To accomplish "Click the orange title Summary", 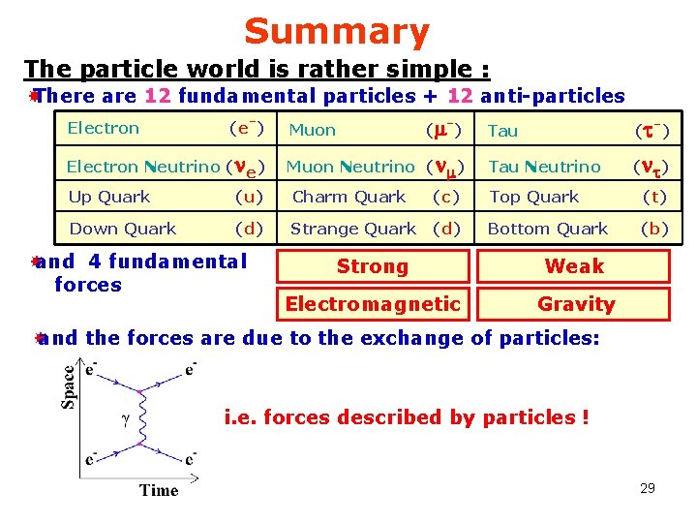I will point(336,32).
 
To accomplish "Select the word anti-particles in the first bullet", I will point(552,96).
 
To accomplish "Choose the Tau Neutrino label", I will point(544,167).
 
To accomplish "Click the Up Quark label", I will point(109,197).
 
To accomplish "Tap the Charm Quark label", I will point(348,197).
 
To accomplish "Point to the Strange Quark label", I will point(352,229).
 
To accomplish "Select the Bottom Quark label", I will point(548,229).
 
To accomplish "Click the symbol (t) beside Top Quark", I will point(655,197).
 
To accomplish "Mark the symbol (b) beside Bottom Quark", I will point(654,229).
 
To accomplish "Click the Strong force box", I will point(373,266).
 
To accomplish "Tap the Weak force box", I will point(574,265).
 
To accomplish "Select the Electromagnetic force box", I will point(373,304).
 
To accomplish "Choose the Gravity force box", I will point(576,304).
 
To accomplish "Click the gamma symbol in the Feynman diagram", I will point(124,420).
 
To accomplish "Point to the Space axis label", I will point(69,386).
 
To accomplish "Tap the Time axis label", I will point(159,490).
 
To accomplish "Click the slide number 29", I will point(648,488).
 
